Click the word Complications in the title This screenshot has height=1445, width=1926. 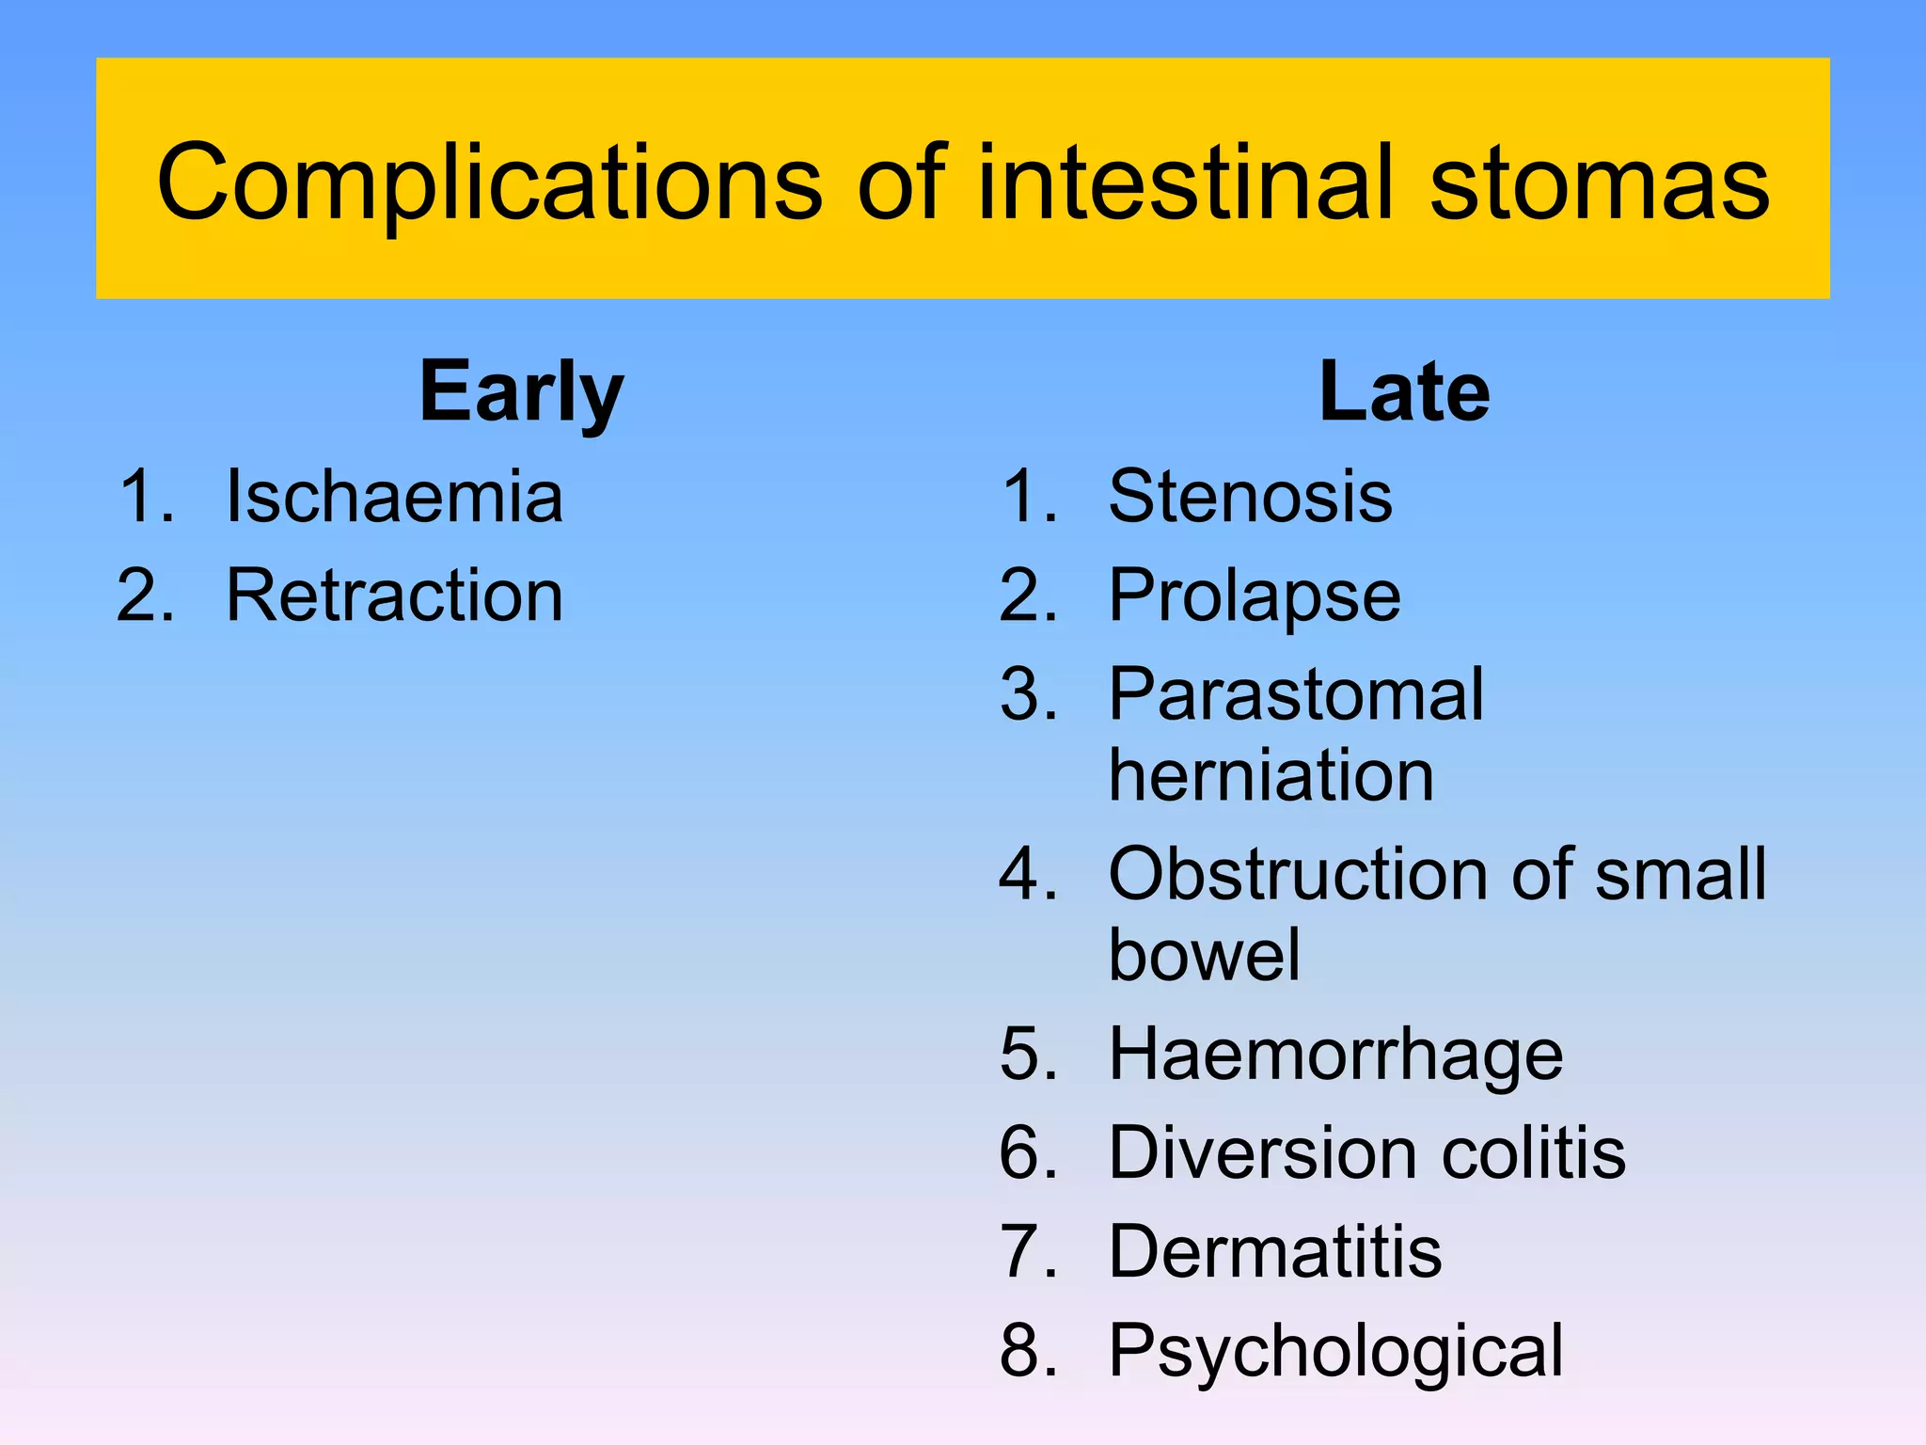point(489,183)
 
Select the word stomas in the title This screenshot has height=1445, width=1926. point(1600,183)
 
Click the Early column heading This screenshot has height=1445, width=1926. point(521,392)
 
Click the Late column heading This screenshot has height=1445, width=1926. point(1404,392)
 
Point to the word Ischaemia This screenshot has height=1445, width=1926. point(394,496)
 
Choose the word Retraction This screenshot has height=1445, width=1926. point(394,595)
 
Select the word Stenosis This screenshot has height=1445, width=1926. point(1250,496)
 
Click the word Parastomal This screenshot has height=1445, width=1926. point(1296,695)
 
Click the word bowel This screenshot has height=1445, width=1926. point(1204,955)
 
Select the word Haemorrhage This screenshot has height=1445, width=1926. point(1335,1054)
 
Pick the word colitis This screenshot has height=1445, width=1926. point(1533,1152)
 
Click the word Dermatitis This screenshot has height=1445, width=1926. point(1274,1252)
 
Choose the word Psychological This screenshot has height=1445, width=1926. point(1335,1352)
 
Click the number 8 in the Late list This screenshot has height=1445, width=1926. point(1023,1352)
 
